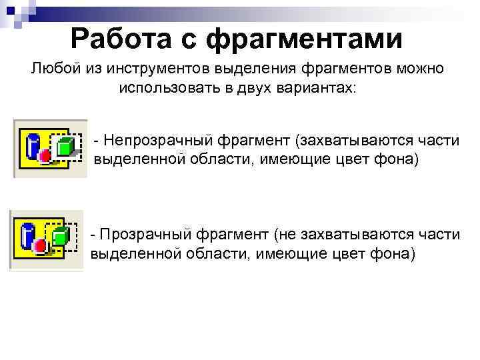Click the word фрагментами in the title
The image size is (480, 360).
305,39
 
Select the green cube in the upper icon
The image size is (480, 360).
64,147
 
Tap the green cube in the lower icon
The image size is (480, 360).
60,235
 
